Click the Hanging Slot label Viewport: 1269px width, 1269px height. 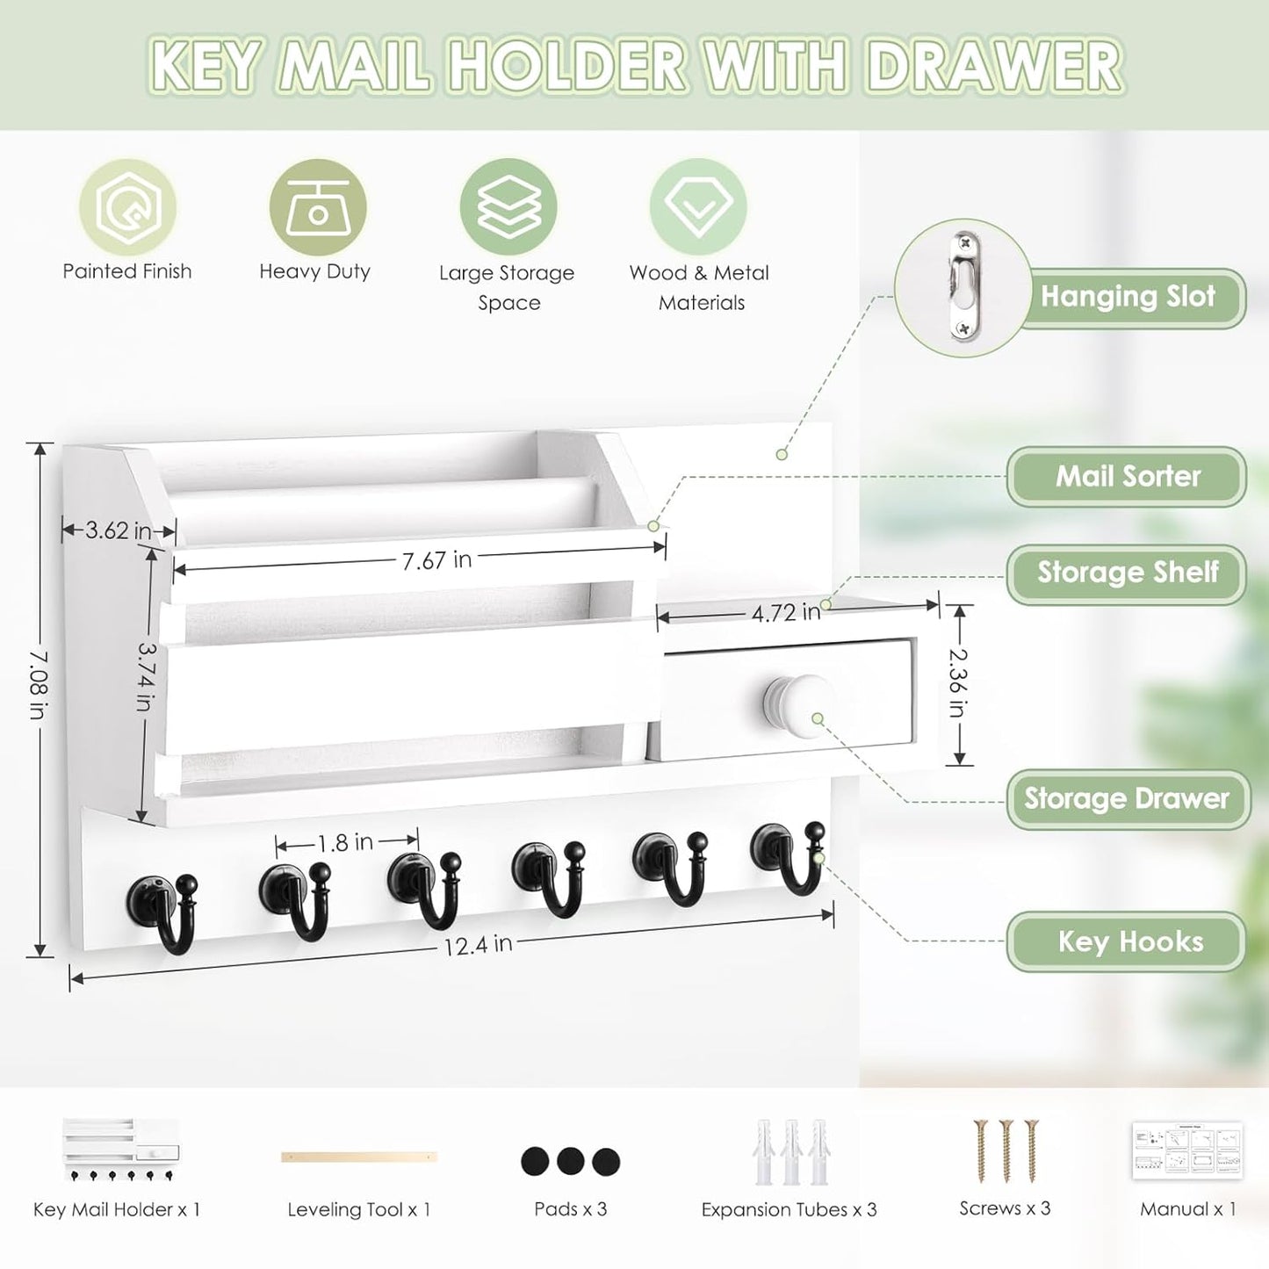pos(1128,297)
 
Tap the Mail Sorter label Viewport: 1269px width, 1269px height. pos(1128,476)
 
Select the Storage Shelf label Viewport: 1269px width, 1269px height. pos(1128,573)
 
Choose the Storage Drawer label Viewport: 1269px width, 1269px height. pos(1127,798)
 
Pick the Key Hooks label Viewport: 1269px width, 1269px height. pos(1129,941)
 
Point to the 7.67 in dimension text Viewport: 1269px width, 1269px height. pos(436,559)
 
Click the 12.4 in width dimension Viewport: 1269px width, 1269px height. pos(477,945)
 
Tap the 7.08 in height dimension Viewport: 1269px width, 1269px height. pos(38,684)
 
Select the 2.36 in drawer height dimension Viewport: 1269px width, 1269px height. pos(958,682)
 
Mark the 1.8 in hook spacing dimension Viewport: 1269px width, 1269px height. pos(345,843)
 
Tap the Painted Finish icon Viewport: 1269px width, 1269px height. pos(128,207)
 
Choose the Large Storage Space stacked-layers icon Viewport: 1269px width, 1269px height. pos(508,207)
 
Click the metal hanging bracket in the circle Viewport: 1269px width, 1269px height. pos(963,286)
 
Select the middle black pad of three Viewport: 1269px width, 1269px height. pos(570,1161)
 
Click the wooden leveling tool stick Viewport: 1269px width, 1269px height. pos(358,1157)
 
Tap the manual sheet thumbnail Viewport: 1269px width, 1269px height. pos(1187,1150)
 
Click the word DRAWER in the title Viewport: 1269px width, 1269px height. pos(994,66)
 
